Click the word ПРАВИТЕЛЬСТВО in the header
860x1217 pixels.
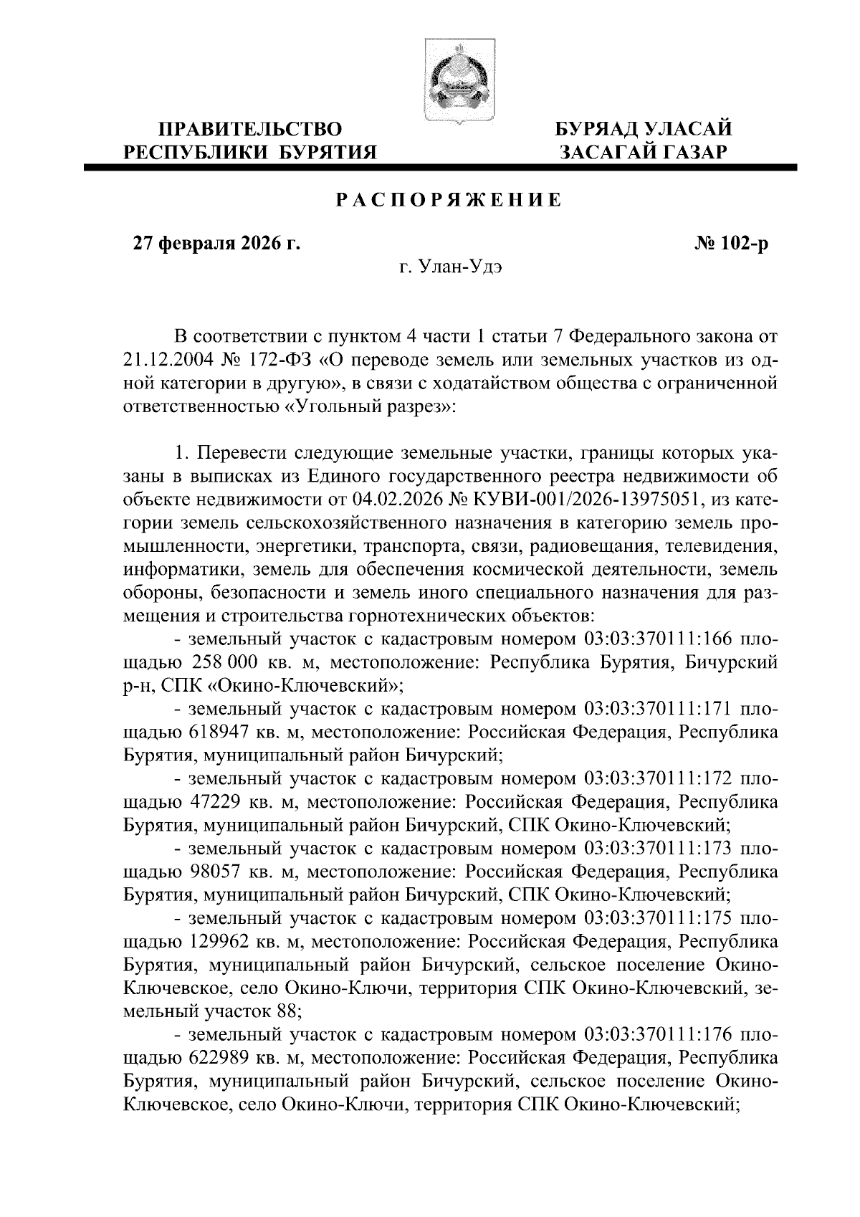250,130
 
